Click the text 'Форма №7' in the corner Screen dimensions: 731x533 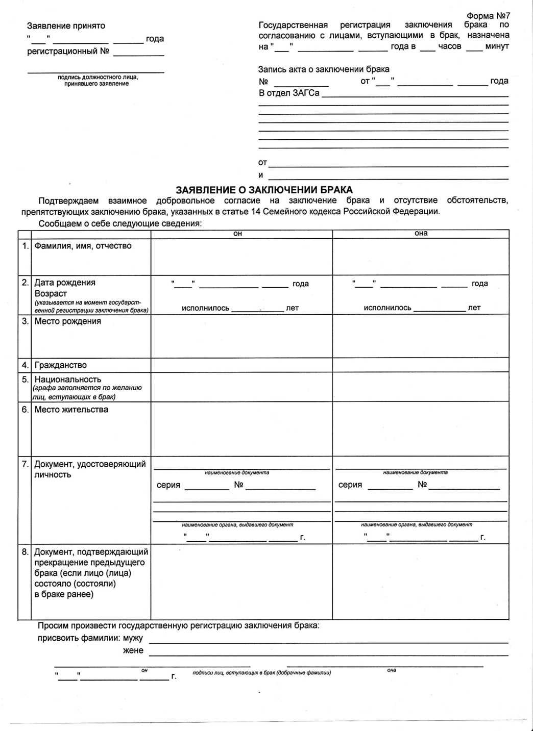click(x=488, y=16)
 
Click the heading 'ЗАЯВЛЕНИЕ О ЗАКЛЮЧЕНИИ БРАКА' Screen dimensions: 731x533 click(x=264, y=190)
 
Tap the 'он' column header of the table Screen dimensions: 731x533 click(x=237, y=234)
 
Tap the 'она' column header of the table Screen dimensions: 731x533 click(x=421, y=233)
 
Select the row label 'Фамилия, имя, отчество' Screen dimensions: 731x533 click(x=83, y=246)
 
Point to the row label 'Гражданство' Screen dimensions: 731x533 click(x=60, y=365)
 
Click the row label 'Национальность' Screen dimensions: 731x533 click(x=67, y=380)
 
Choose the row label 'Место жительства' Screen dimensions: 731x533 click(x=71, y=410)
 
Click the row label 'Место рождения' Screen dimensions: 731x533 click(x=67, y=321)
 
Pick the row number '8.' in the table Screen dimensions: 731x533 click(x=25, y=551)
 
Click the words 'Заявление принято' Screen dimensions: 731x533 click(x=66, y=26)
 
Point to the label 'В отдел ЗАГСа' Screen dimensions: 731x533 click(x=289, y=93)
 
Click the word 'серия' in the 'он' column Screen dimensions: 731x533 click(x=168, y=485)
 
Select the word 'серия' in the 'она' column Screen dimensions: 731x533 click(x=350, y=485)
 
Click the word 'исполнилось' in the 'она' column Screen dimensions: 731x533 click(x=387, y=308)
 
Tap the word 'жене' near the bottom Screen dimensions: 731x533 click(x=133, y=650)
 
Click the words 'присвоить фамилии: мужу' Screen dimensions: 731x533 click(x=90, y=638)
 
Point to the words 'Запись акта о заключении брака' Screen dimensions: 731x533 click(x=324, y=69)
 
